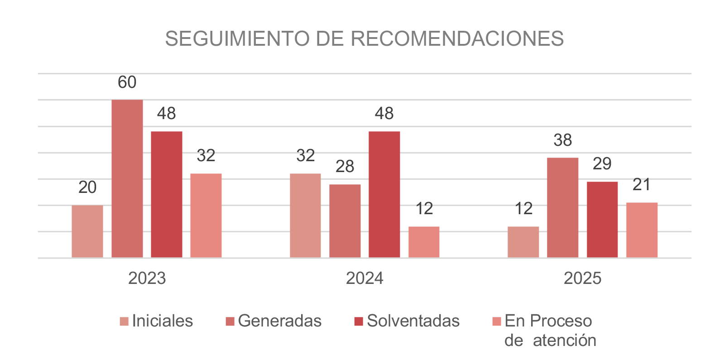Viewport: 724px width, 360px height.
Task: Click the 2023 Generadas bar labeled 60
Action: point(127,179)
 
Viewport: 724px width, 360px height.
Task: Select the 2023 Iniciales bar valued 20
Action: point(87,231)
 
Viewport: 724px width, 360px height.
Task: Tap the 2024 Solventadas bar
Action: point(384,195)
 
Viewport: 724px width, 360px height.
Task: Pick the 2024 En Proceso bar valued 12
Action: point(424,242)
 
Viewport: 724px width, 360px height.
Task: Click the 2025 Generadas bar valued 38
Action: point(562,208)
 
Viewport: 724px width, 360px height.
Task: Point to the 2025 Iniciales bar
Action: point(523,242)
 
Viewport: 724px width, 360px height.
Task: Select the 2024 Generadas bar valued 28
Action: point(345,221)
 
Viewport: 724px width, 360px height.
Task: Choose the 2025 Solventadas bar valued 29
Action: point(602,220)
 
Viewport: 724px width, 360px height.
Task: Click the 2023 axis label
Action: point(147,278)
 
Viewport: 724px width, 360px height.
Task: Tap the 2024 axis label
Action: point(364,278)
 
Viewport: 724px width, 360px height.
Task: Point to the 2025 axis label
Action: point(582,278)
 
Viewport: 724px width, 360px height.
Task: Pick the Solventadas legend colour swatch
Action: point(359,322)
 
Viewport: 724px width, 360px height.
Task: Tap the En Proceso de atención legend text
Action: point(550,331)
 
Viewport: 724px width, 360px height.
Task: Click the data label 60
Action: point(127,82)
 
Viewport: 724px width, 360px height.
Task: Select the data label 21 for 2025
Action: point(641,185)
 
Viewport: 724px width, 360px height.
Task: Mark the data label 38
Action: point(562,140)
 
